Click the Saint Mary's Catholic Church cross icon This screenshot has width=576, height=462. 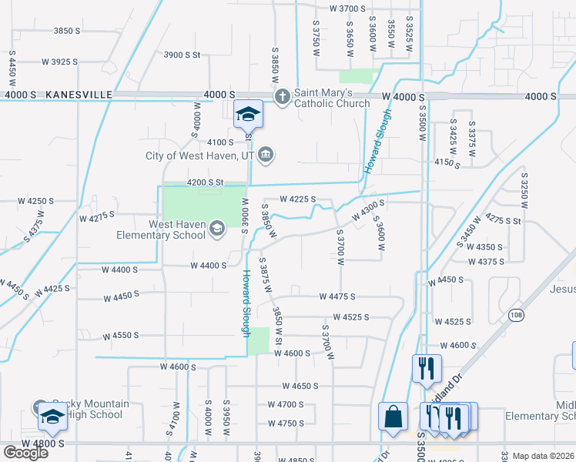click(283, 96)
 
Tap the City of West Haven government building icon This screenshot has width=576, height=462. click(265, 155)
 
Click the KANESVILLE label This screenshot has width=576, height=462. click(79, 95)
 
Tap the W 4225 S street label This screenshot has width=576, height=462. click(298, 199)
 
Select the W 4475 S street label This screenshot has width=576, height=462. click(337, 296)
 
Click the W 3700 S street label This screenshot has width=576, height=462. click(347, 8)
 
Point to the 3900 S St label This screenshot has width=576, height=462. click(182, 55)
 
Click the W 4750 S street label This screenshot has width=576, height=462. click(286, 423)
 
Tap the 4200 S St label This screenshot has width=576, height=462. click(204, 182)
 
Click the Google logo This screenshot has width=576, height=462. click(25, 453)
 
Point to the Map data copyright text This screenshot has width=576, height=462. click(543, 456)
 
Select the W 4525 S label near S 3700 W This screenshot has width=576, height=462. click(351, 317)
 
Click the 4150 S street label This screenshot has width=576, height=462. click(447, 162)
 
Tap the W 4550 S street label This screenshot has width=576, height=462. click(119, 336)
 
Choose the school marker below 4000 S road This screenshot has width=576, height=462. click(249, 115)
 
